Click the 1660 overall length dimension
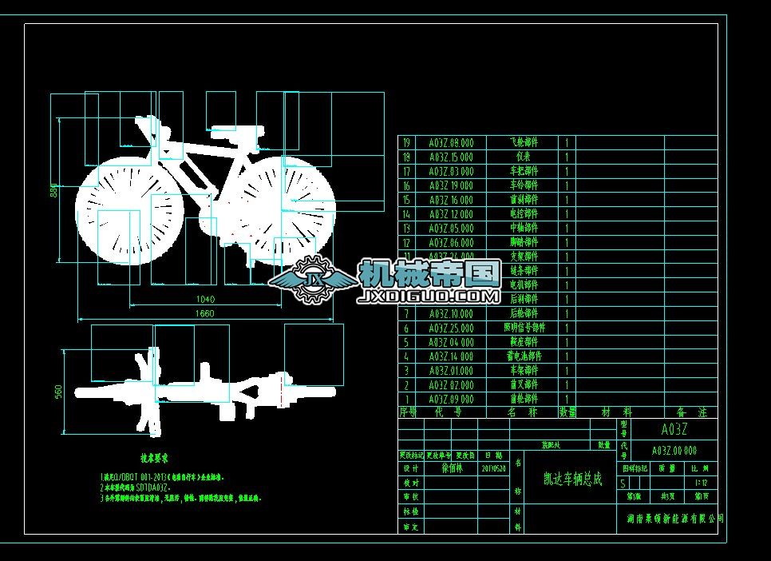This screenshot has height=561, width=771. click(x=204, y=314)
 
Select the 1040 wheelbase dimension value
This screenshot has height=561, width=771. click(x=204, y=299)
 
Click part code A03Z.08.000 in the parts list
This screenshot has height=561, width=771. click(x=451, y=142)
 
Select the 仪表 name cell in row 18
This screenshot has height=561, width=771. click(x=524, y=157)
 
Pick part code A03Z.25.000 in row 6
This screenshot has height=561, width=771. click(x=451, y=328)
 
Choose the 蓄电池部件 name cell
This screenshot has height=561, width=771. click(x=524, y=356)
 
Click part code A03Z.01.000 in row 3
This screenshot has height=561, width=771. click(x=451, y=371)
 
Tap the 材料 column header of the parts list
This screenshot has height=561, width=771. click(x=616, y=412)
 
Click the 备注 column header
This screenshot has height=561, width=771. click(x=691, y=412)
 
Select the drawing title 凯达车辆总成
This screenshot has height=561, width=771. click(x=572, y=479)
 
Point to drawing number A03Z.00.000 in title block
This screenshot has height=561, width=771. click(x=674, y=451)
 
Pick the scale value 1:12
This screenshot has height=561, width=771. click(x=702, y=483)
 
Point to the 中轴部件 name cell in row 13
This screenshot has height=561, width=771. click(x=524, y=228)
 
